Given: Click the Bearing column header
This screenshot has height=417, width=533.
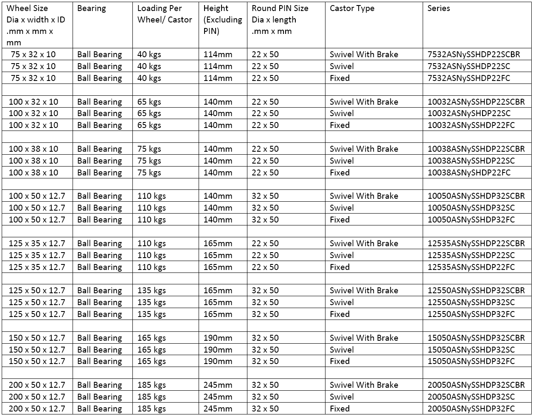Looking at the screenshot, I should click(92, 8).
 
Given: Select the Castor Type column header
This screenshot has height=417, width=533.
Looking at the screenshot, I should click(352, 8).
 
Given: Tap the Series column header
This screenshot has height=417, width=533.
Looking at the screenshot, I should click(438, 8).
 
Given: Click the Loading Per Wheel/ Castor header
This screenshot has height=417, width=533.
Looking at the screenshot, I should click(164, 14).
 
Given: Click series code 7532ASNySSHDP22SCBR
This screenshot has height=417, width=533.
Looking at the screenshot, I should click(474, 55).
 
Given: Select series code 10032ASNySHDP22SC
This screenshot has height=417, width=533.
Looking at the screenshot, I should click(469, 114).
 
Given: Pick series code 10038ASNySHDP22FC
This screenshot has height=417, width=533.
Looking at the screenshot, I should click(469, 173).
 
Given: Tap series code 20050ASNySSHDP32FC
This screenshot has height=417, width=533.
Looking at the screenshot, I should click(471, 409).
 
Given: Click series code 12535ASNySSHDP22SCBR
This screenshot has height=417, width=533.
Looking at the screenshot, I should click(476, 244).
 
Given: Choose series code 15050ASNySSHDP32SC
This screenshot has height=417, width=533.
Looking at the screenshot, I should click(471, 350).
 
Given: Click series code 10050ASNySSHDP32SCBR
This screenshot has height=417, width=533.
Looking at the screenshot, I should click(476, 196).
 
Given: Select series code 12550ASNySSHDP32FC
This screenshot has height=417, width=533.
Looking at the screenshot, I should click(471, 314).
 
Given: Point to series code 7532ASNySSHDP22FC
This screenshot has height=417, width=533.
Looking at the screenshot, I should click(469, 78).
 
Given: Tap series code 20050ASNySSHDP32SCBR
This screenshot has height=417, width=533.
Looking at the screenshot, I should click(476, 385).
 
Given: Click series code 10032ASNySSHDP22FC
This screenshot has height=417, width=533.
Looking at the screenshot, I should click(471, 125).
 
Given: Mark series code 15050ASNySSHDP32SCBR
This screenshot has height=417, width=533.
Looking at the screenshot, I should click(476, 338).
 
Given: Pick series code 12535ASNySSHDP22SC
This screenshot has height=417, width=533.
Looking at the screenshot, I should click(471, 256).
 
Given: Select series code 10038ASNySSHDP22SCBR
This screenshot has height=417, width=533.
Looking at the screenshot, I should click(476, 149).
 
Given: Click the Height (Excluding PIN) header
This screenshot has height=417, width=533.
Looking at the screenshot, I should click(222, 19).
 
